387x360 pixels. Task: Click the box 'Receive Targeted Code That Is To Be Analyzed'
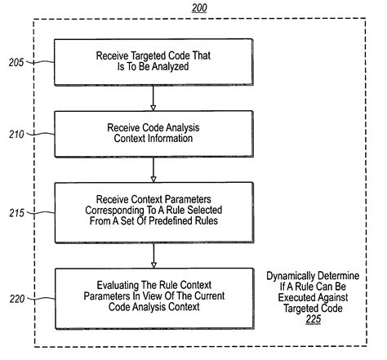(x=153, y=62)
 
